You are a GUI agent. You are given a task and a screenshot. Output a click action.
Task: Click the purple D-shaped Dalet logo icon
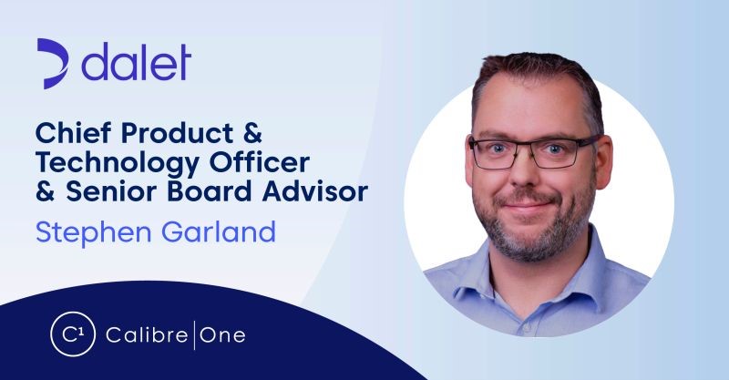coord(54,63)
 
